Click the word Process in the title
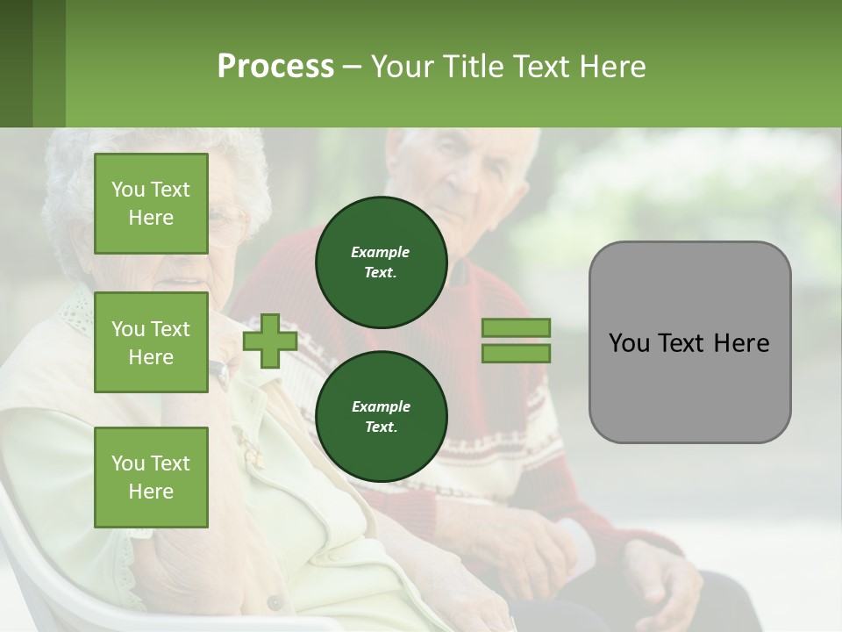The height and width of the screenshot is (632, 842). [x=275, y=66]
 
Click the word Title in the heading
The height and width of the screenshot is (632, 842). [x=471, y=66]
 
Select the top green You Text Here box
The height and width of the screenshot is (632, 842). [x=151, y=204]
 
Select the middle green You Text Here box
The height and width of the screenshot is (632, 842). [x=151, y=342]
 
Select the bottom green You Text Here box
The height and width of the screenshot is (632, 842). [x=151, y=477]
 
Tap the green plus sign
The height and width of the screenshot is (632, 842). [x=269, y=341]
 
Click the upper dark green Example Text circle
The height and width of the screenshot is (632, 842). [x=381, y=262]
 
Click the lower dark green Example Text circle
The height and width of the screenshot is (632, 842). [x=381, y=416]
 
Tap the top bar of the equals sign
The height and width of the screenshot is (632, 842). [x=516, y=328]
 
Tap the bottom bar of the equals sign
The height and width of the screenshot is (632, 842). [x=516, y=353]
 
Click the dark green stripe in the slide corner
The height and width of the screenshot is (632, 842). [x=16, y=63]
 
